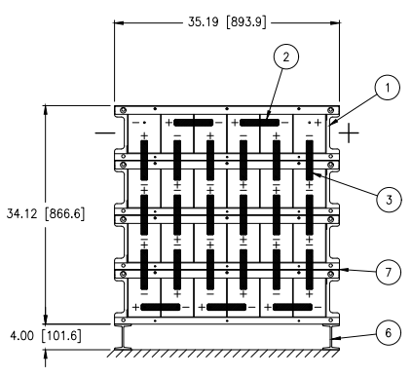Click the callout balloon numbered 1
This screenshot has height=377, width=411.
point(387,88)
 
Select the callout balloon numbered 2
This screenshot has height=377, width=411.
point(285,57)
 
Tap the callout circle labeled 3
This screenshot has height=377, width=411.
point(389,200)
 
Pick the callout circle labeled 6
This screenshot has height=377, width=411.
point(389,333)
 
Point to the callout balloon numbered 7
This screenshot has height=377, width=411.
point(389,272)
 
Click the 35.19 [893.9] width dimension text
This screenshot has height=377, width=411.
point(227,22)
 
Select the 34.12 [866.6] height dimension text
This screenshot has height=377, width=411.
point(46,213)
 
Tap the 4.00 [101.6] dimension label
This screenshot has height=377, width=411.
point(46,335)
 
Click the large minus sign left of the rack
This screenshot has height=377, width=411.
point(105,132)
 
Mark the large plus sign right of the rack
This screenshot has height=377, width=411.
point(349,132)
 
